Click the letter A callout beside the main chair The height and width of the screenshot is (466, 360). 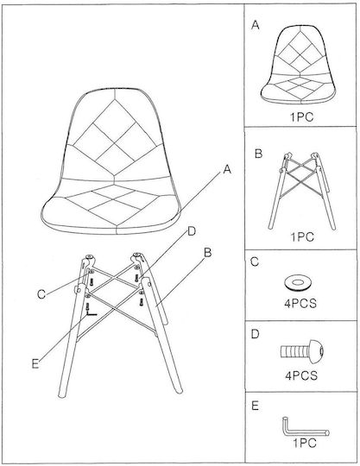tap(227, 169)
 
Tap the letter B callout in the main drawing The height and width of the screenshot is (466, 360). tap(207, 253)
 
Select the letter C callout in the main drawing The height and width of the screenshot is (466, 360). tap(41, 294)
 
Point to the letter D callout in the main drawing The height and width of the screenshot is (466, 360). tap(192, 231)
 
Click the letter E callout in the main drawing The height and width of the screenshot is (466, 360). tap(35, 364)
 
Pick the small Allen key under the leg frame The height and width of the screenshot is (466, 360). tap(91, 312)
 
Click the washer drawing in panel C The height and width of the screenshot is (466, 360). tap(298, 282)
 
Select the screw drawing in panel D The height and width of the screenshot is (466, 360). tap(302, 351)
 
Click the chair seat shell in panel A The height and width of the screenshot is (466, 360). tap(298, 65)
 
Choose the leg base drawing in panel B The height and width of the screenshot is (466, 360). tap(302, 191)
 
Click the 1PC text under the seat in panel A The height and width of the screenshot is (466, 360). tap(302, 117)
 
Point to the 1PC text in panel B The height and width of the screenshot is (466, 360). tap(302, 237)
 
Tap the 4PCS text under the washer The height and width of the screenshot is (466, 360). tap(300, 304)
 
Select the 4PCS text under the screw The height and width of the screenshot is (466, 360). tap(301, 375)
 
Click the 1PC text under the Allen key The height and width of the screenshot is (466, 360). tap(305, 443)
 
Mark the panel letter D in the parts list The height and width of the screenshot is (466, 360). tap(255, 334)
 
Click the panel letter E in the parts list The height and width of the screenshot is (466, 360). tap(255, 406)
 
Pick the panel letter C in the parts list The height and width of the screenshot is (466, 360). tap(255, 262)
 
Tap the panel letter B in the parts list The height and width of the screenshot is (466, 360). tap(259, 154)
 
